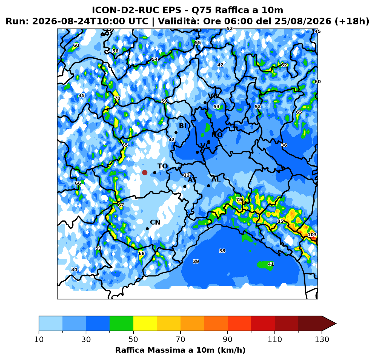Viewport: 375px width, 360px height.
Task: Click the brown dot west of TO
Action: pos(145,172)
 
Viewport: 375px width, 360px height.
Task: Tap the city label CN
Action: pos(155,222)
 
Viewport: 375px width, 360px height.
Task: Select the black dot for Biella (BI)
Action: pos(176,132)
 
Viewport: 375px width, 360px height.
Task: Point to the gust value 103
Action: pos(312,235)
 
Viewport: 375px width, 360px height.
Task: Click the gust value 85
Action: pos(280,221)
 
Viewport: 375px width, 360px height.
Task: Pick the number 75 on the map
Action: pos(239,200)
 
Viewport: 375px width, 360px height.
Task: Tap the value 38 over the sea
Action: pos(222,251)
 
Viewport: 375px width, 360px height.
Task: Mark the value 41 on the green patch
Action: pos(271,264)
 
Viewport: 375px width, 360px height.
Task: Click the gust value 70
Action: pos(117,98)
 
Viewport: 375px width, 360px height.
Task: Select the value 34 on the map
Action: pos(74,270)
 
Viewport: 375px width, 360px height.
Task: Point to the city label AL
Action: pos(216,179)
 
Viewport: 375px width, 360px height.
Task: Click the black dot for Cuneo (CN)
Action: pos(147,229)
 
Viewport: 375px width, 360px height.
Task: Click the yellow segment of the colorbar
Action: pos(145,324)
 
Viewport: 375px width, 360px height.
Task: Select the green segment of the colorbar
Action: pos(121,324)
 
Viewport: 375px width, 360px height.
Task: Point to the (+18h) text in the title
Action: pos(351,21)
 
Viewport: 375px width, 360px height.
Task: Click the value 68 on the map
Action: pos(142,254)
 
